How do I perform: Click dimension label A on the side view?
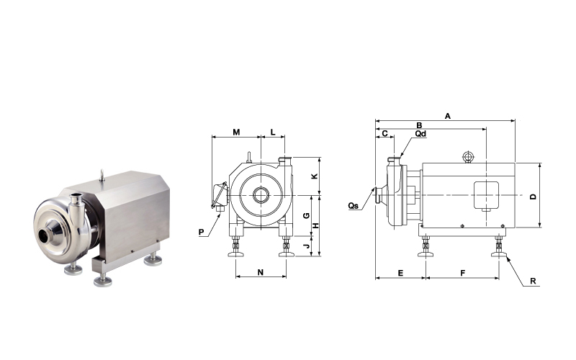point(447,116)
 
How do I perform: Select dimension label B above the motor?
point(419,125)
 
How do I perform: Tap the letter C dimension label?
point(384,133)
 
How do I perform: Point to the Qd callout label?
point(420,134)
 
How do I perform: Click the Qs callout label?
point(354,206)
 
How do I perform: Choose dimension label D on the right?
point(533,197)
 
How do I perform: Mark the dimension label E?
point(400,273)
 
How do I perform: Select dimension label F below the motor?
point(463,273)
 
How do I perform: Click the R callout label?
point(533,282)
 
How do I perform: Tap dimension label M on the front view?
point(236,132)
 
